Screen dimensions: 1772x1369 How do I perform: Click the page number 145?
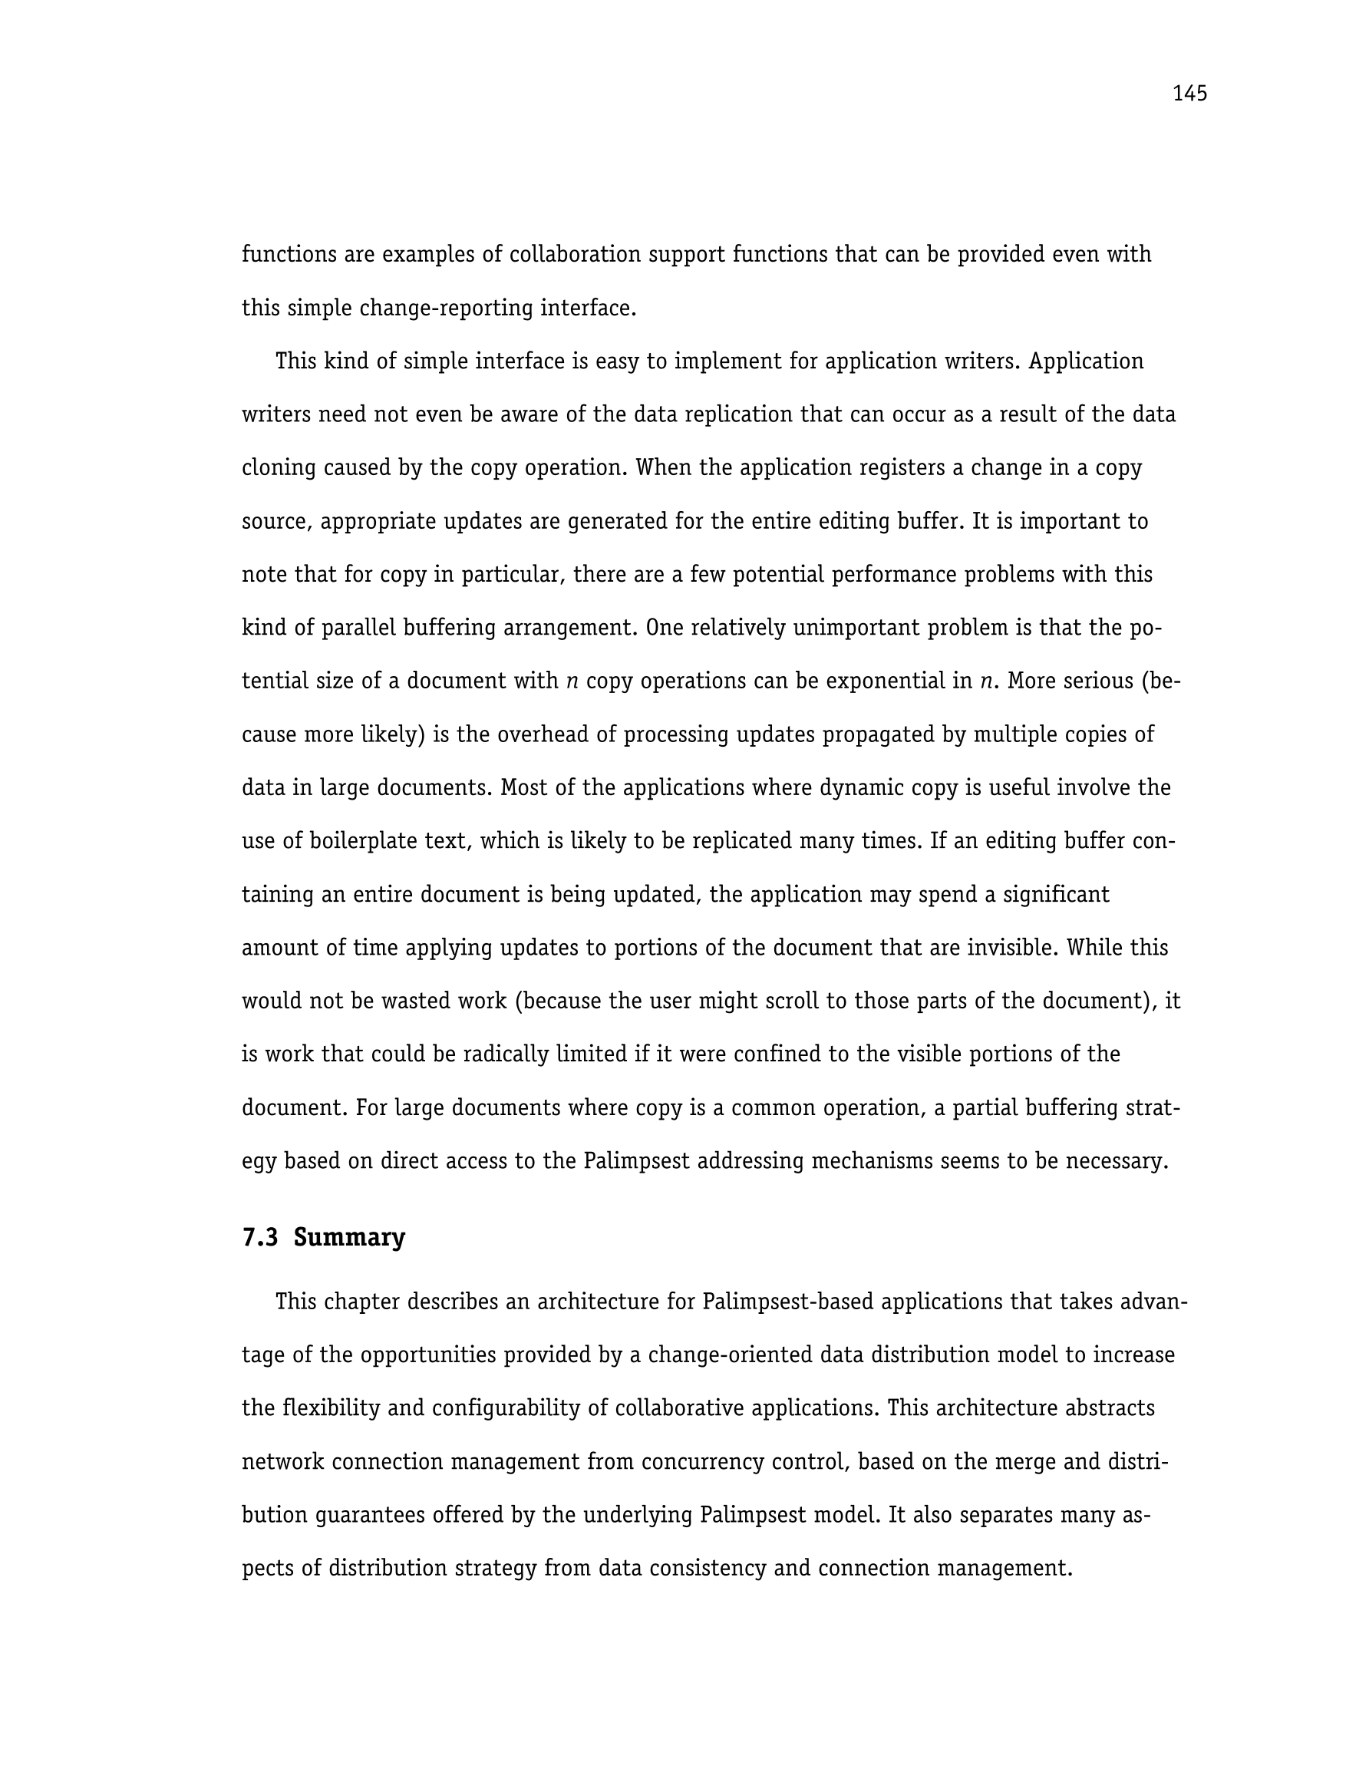[x=1189, y=94]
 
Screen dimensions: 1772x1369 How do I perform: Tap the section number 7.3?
[x=259, y=1237]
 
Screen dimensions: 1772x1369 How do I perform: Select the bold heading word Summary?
[x=349, y=1237]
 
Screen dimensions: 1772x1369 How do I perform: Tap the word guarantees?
[x=376, y=1515]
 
